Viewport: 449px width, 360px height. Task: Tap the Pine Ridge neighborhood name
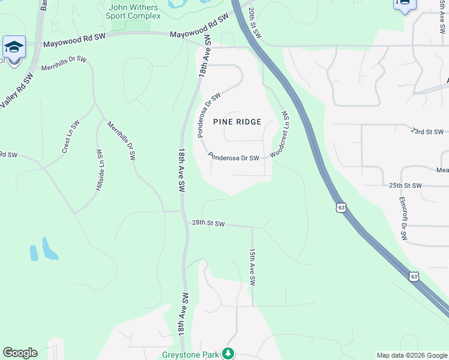click(237, 122)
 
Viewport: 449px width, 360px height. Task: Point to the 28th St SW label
click(208, 223)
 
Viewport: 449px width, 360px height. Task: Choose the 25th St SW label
click(406, 185)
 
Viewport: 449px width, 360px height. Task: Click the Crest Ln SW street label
click(71, 136)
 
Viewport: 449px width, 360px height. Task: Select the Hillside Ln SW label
click(100, 170)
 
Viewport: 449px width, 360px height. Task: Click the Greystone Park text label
click(191, 355)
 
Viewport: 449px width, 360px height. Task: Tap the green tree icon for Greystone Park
click(228, 353)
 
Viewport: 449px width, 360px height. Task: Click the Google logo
click(20, 353)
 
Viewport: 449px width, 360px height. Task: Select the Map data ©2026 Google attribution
click(411, 355)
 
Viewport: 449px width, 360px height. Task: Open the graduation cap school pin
click(14, 47)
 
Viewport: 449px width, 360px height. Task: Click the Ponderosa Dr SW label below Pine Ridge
click(234, 157)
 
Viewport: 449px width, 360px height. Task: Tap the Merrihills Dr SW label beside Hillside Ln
click(121, 141)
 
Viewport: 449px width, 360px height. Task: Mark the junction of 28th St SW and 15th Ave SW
click(253, 227)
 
